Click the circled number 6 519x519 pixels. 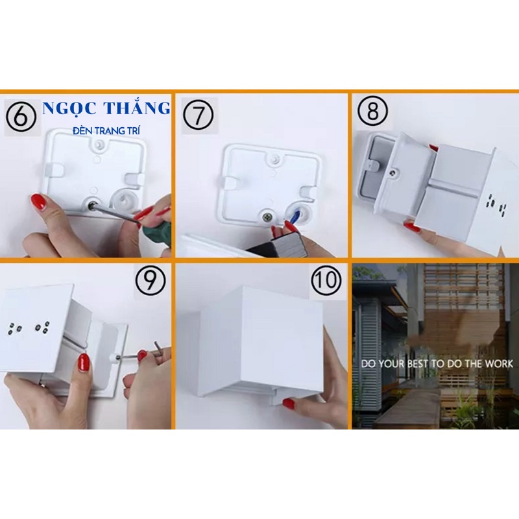21,117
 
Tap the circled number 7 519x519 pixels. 199,115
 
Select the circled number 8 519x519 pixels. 372,111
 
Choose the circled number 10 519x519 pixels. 326,280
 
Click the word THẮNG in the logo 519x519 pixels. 137,108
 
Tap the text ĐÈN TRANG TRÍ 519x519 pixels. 106,131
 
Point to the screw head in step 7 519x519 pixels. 267,217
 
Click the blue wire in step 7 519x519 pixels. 295,217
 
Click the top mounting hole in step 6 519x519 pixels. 99,144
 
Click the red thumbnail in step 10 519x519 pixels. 289,404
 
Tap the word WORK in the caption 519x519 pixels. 499,364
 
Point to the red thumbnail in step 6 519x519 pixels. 38,202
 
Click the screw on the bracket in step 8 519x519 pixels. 392,172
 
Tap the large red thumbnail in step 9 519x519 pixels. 84,363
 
